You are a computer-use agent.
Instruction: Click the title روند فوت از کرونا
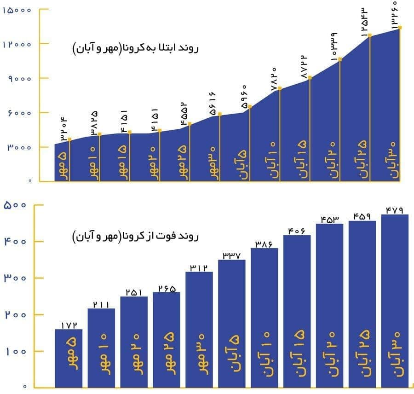135,237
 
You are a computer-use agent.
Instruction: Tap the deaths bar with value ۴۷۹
395,299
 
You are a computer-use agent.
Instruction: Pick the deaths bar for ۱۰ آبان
264,318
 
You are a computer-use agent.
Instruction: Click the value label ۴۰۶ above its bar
297,230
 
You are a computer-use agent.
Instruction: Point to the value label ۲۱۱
101,303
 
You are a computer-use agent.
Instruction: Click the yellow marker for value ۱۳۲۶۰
400,28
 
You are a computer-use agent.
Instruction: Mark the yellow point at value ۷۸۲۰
280,88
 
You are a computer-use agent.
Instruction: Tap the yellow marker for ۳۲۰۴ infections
69,139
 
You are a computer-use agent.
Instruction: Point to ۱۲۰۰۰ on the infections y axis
17,44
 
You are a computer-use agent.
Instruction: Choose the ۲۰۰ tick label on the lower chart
17,315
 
